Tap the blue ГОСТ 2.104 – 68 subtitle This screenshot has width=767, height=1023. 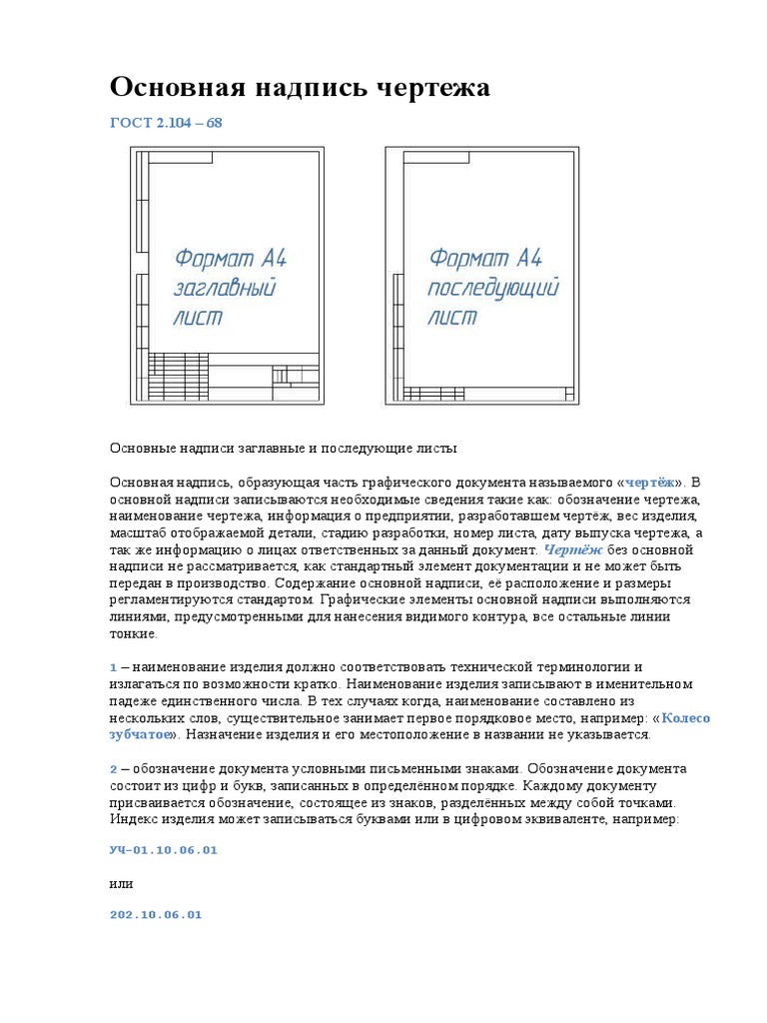[x=165, y=123]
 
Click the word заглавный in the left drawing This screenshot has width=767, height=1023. [x=225, y=290]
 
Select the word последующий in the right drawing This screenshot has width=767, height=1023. [x=493, y=290]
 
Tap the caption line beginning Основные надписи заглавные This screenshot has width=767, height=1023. [x=283, y=448]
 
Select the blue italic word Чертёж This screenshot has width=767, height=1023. [x=572, y=550]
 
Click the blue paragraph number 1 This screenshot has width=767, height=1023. [x=114, y=666]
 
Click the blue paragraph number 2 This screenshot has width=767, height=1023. [x=114, y=770]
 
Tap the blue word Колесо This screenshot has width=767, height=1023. [x=686, y=718]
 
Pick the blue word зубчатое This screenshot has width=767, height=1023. [x=140, y=735]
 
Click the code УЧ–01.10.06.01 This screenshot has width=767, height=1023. [x=163, y=850]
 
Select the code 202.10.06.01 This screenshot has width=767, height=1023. [x=155, y=914]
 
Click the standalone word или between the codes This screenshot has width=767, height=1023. [x=121, y=883]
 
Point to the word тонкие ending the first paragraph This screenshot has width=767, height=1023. [x=133, y=633]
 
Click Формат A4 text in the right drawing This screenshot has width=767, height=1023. [x=485, y=258]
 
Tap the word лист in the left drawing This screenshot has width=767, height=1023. [x=198, y=319]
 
